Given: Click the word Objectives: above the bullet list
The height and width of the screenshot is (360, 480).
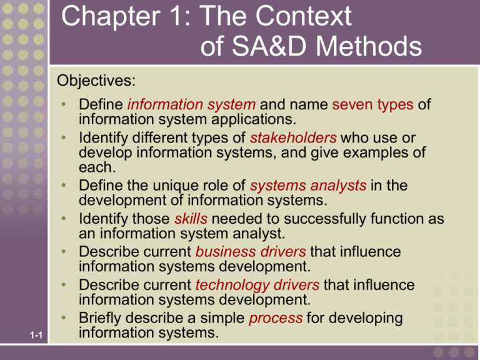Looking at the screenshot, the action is (x=96, y=81).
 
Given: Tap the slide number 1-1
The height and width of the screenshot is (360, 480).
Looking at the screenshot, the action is (x=36, y=335).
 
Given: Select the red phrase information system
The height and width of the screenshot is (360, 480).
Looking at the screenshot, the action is (x=191, y=105).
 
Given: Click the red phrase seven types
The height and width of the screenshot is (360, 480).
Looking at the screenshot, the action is (x=373, y=105).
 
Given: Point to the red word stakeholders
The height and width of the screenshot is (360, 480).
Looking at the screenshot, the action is (x=293, y=137).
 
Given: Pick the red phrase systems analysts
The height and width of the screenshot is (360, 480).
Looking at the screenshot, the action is (x=308, y=186).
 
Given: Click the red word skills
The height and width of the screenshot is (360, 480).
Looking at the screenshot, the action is (x=191, y=219).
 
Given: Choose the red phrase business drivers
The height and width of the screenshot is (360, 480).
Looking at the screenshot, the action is (x=251, y=252).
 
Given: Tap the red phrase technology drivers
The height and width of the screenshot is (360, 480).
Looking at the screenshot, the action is (x=257, y=285).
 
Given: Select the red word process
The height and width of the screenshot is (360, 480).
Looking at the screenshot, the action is (x=276, y=318).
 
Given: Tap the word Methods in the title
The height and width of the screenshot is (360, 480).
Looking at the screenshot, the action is (x=369, y=46).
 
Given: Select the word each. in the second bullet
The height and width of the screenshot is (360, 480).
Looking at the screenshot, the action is (x=97, y=167).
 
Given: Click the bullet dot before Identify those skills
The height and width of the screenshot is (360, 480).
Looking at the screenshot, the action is (x=64, y=218).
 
